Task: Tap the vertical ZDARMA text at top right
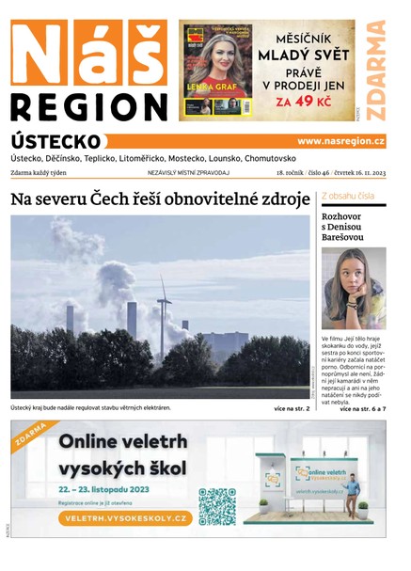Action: pos(376,71)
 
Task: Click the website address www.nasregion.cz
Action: pos(340,141)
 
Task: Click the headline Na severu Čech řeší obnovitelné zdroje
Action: pos(160,199)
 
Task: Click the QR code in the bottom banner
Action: pos(216,505)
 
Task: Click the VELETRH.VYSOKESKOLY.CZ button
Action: pos(122,518)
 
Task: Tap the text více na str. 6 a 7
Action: pos(362,409)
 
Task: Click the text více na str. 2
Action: pos(292,409)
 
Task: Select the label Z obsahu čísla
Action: pos(348,197)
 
